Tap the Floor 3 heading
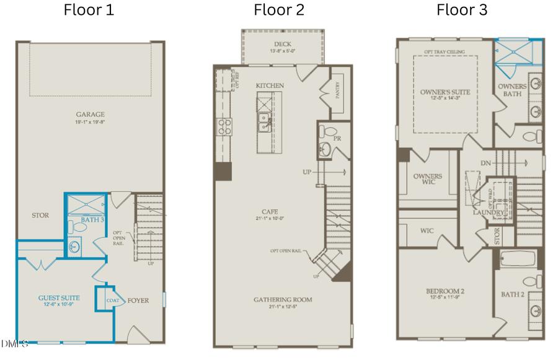click(462, 10)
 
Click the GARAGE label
click(91, 114)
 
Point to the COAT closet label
click(112, 301)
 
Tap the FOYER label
click(138, 301)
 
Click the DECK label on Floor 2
click(283, 44)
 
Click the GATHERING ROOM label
click(283, 300)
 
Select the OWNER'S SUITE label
click(445, 92)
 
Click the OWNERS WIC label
click(428, 179)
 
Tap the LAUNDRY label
click(489, 213)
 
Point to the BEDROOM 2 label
click(445, 291)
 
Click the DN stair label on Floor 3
click(487, 163)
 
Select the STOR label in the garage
click(40, 216)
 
